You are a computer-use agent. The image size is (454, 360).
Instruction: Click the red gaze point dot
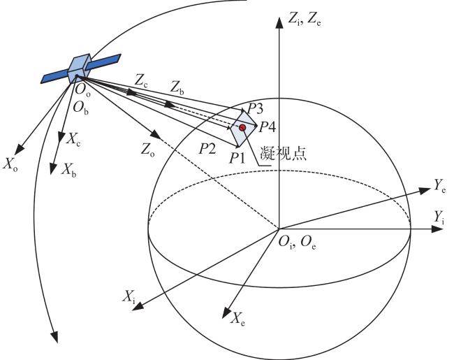click(242, 127)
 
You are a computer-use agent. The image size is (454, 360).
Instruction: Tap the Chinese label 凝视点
click(283, 153)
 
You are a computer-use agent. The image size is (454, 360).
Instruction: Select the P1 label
click(237, 158)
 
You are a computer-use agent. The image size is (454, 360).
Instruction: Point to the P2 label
click(207, 149)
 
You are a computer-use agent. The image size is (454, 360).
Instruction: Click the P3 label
click(255, 109)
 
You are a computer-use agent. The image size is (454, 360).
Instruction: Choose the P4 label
click(267, 127)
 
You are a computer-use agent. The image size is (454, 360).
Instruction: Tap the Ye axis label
click(440, 185)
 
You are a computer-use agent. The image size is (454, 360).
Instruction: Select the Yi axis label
click(439, 217)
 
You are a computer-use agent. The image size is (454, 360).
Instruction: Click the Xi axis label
click(129, 296)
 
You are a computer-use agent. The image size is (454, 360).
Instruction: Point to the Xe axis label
click(237, 319)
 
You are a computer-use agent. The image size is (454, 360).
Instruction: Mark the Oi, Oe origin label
click(297, 243)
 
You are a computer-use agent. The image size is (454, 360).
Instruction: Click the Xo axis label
click(10, 165)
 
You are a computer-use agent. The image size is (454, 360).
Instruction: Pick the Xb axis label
click(68, 170)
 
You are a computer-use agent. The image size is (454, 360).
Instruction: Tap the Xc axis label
click(73, 139)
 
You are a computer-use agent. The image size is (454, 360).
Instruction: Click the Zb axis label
click(177, 87)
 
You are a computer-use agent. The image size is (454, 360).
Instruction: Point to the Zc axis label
click(141, 81)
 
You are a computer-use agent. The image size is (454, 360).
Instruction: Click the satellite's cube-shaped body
click(79, 68)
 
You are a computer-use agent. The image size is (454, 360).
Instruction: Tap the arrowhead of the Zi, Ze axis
click(279, 22)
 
